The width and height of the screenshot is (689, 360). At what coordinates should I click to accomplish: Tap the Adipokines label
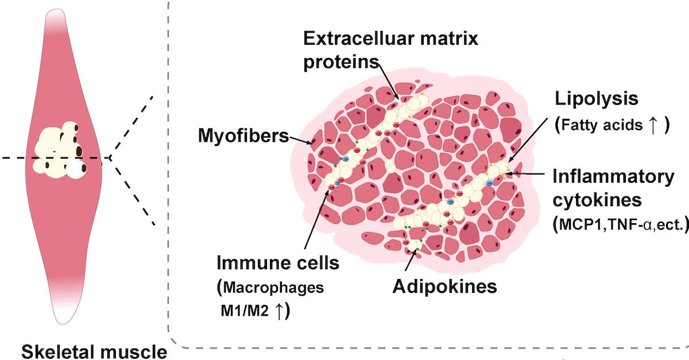tap(444, 286)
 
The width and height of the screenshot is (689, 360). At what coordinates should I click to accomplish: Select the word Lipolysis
tap(596, 99)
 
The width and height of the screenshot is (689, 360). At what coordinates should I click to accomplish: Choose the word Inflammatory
tap(613, 177)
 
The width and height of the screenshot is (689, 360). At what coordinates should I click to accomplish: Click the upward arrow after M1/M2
tap(278, 311)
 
